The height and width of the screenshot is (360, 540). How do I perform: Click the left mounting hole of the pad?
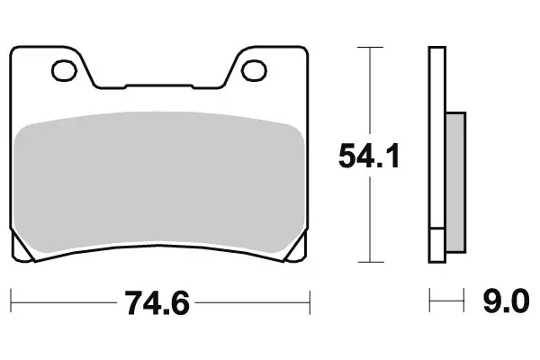coord(65,67)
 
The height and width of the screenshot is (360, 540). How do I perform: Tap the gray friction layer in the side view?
coord(455,180)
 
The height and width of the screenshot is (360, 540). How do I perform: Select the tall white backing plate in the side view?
coord(436,135)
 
